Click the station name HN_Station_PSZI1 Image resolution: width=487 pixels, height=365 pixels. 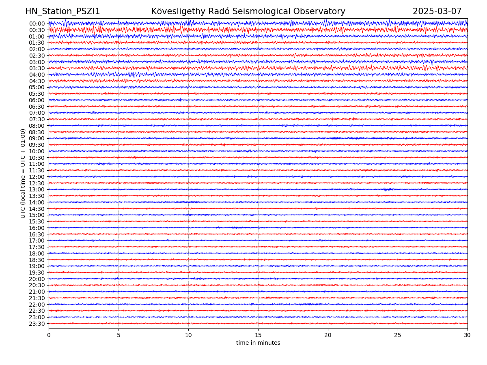62,12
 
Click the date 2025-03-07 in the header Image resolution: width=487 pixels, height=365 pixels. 437,12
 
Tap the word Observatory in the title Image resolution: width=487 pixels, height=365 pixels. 323,12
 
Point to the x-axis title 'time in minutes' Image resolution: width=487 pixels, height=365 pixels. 258,343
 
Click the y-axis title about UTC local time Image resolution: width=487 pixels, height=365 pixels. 23,174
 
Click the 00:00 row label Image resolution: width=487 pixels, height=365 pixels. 37,24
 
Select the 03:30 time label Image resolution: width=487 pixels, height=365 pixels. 37,68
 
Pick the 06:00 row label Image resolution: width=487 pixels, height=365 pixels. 37,100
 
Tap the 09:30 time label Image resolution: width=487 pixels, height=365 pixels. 37,145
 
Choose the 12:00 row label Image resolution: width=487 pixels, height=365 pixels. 37,177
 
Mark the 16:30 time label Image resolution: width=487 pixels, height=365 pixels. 37,234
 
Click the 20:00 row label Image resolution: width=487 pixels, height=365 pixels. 37,279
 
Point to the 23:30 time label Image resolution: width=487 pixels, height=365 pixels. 37,324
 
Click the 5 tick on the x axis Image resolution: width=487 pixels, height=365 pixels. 119,335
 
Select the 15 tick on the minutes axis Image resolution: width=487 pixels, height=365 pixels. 258,335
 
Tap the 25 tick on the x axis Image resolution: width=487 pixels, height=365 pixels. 398,335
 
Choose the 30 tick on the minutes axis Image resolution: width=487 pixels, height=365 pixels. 468,335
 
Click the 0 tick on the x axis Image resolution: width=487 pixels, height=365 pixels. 49,335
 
